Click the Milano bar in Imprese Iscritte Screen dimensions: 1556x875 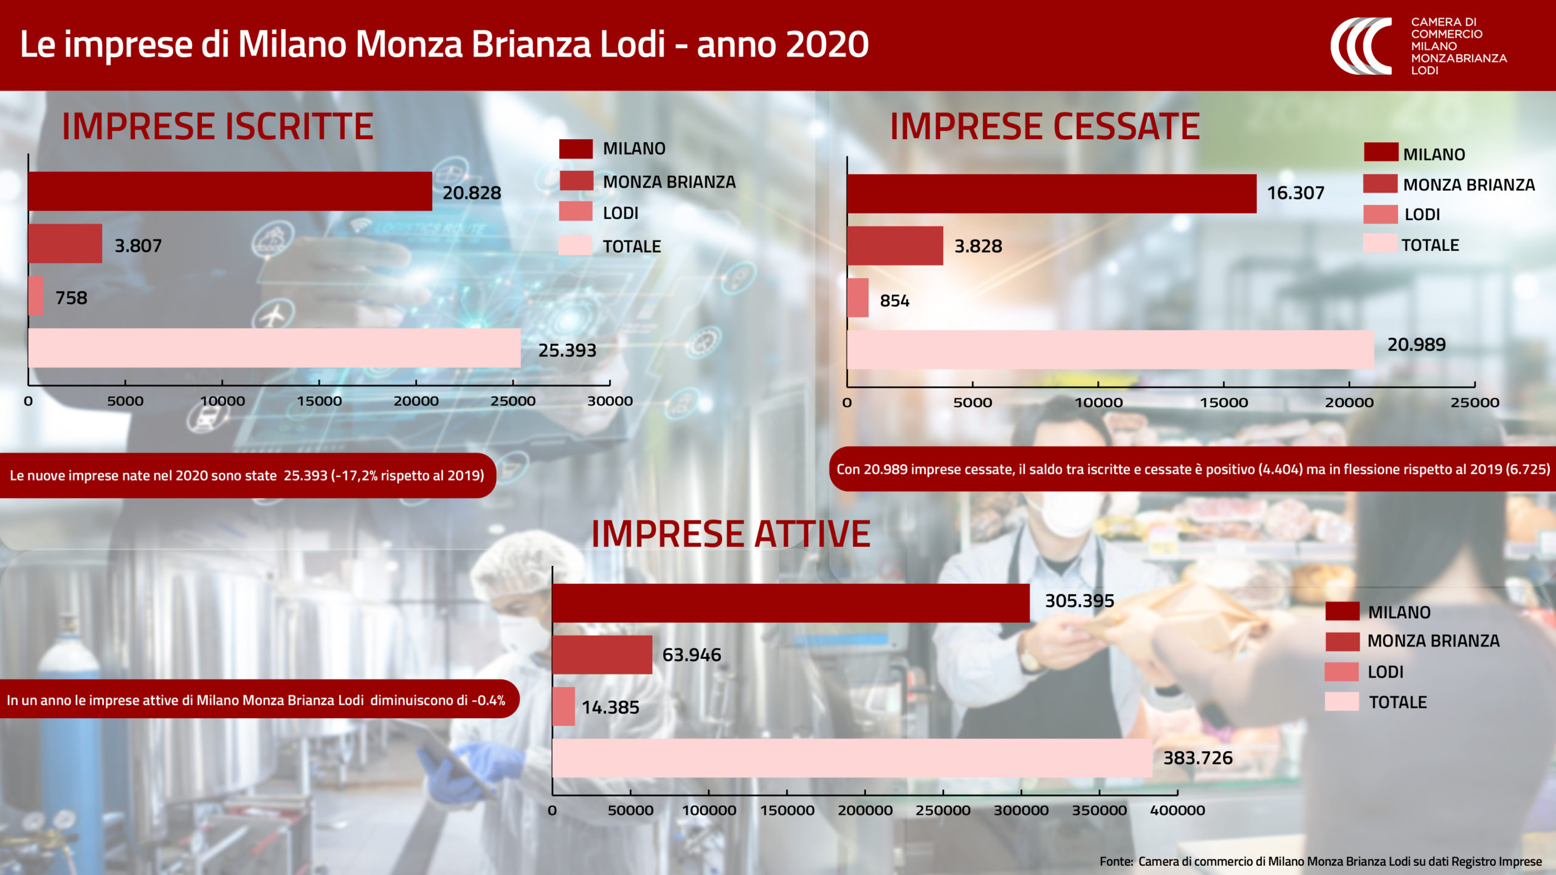pyautogui.click(x=230, y=191)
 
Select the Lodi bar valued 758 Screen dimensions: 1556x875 pyautogui.click(x=36, y=296)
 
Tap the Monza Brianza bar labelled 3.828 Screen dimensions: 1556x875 pyautogui.click(x=895, y=246)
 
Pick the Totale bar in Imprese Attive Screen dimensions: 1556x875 pyautogui.click(x=852, y=758)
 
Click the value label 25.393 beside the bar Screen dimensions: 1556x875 pyautogui.click(x=567, y=350)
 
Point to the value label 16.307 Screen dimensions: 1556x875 pyautogui.click(x=1295, y=193)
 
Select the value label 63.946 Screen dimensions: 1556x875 pyautogui.click(x=692, y=654)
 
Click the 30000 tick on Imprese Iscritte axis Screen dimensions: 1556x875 pyautogui.click(x=610, y=401)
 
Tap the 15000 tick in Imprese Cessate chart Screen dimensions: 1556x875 pyautogui.click(x=1224, y=402)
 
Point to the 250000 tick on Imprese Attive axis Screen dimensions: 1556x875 pyautogui.click(x=943, y=810)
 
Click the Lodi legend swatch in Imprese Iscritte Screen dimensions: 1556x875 pyautogui.click(x=576, y=211)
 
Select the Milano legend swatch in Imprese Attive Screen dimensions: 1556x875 pyautogui.click(x=1342, y=611)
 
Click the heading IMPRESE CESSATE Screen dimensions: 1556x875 pyautogui.click(x=1045, y=127)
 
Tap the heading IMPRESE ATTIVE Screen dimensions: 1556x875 pyautogui.click(x=731, y=534)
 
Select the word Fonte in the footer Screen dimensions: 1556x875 pyautogui.click(x=1116, y=861)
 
